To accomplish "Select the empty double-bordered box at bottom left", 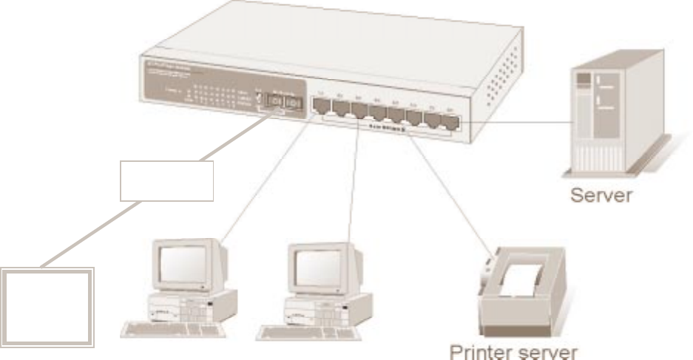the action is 50,307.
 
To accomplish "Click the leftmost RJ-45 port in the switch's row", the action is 322,108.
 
